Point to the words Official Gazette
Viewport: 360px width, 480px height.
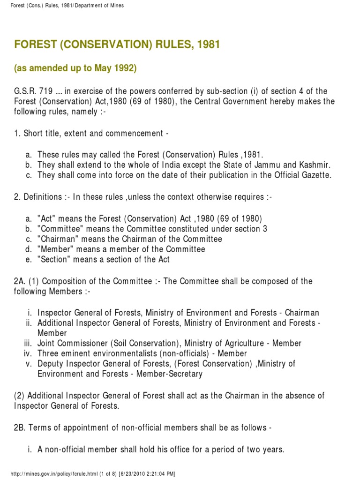(302, 175)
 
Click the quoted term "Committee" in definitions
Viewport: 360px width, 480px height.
(57, 229)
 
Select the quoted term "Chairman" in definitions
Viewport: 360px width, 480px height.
(55, 239)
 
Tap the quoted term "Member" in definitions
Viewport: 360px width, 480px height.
(53, 249)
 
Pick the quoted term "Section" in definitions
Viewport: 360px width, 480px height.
(54, 259)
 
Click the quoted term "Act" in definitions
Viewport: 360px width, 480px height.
(47, 218)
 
